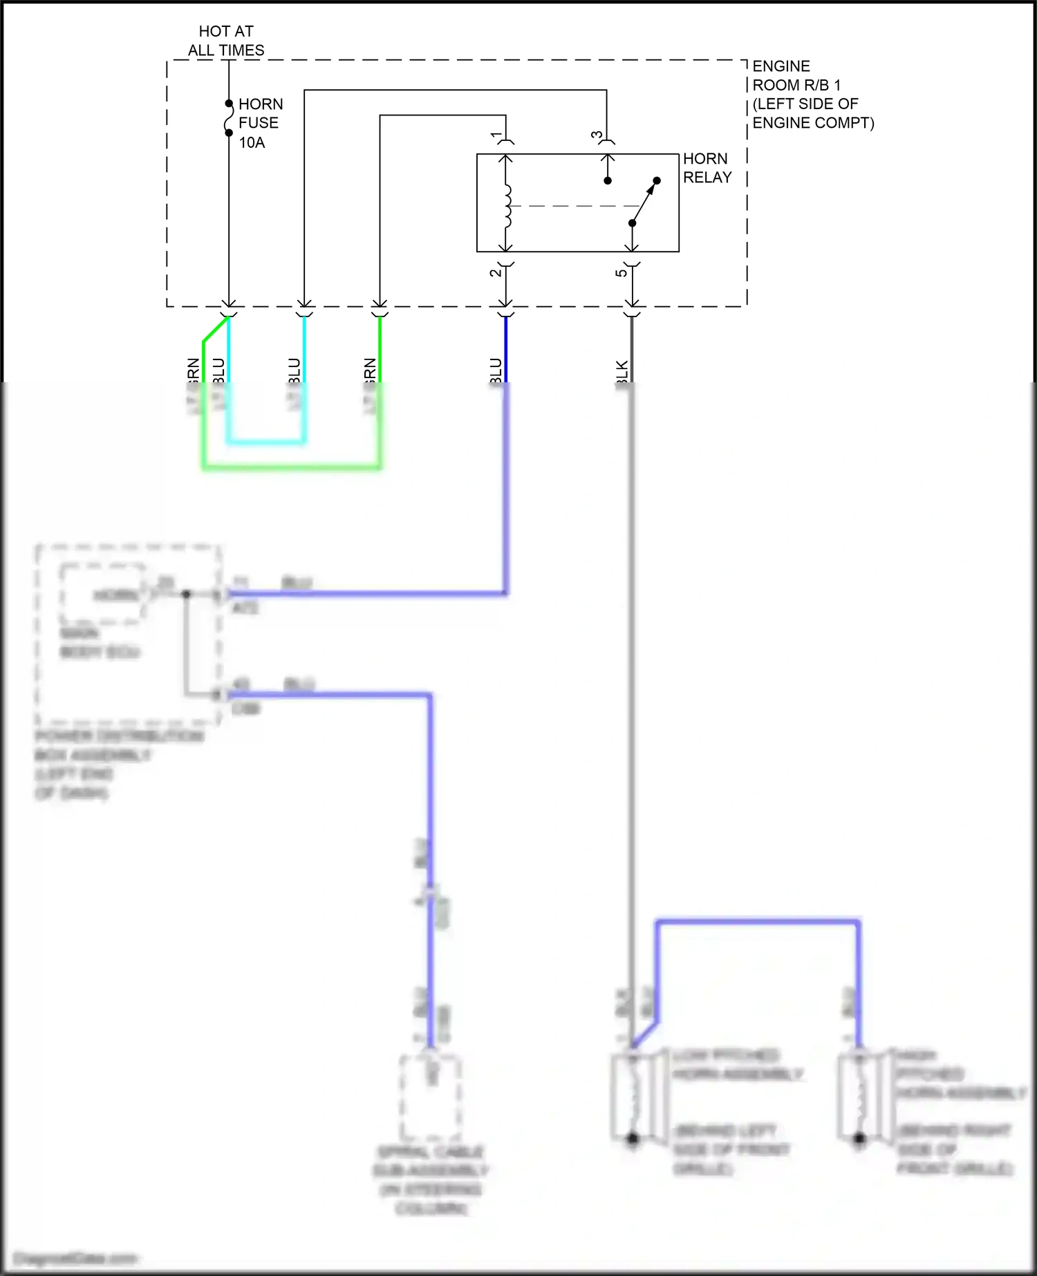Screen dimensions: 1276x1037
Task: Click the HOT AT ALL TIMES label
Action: pos(226,41)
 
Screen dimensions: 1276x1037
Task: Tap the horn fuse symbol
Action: pos(229,118)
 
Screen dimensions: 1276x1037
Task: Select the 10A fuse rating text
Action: pos(252,142)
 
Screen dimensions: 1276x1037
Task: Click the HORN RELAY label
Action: pos(707,168)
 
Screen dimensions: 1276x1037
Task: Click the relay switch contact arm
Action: pos(644,202)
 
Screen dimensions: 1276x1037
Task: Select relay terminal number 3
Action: pos(597,135)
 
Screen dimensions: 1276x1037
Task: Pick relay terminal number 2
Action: pos(496,272)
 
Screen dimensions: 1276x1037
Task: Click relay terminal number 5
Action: pos(622,272)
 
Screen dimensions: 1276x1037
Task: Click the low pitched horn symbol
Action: pos(633,1096)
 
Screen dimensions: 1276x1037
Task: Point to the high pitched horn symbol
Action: pos(860,1096)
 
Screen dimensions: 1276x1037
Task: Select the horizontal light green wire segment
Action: pos(291,468)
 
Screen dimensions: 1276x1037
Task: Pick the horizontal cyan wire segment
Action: pos(266,442)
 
